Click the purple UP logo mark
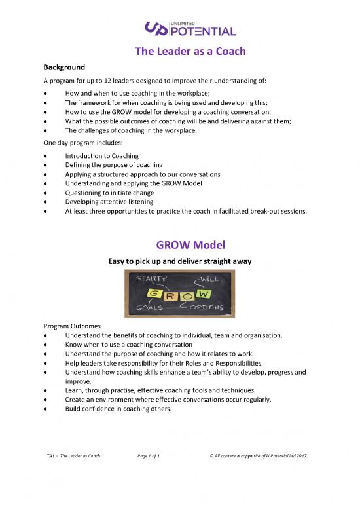(x=156, y=29)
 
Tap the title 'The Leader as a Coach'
(x=190, y=51)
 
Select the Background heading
(x=64, y=67)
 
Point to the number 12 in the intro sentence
(x=107, y=81)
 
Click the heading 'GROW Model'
(x=190, y=245)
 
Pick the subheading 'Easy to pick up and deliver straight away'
(x=180, y=261)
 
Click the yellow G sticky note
(x=154, y=294)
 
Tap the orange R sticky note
(x=170, y=296)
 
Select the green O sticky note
(x=187, y=296)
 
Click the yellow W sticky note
(x=203, y=293)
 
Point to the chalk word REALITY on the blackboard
(x=151, y=278)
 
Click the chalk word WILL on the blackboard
(x=209, y=279)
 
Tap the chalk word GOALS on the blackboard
(x=149, y=307)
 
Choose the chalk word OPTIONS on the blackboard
(x=207, y=307)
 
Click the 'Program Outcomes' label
(x=72, y=326)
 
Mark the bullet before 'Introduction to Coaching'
(x=45, y=156)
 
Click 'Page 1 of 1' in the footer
(x=149, y=456)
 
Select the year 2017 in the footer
(x=302, y=456)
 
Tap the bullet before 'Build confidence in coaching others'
(x=45, y=409)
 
